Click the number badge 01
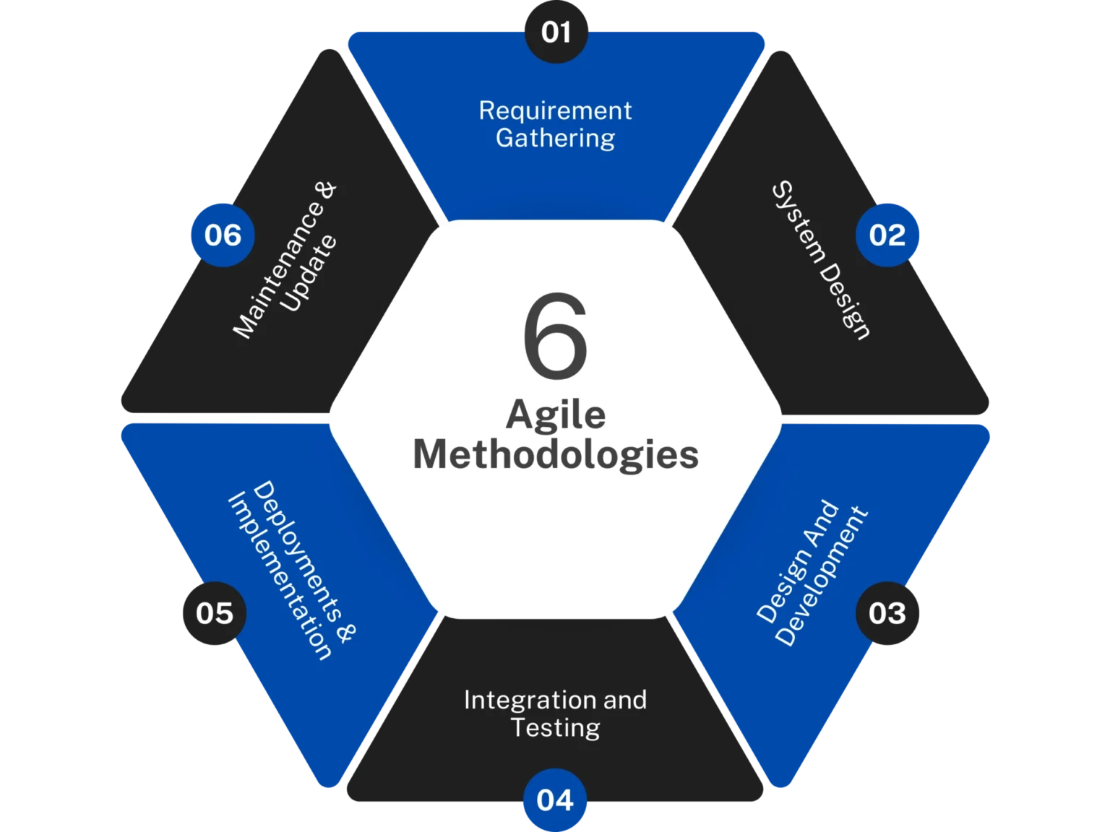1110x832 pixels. (x=556, y=32)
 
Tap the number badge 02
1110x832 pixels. (x=887, y=235)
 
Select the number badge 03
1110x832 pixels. (x=887, y=613)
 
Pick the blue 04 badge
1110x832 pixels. (x=555, y=799)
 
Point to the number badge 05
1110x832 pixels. (x=215, y=613)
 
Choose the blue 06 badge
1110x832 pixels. (x=223, y=235)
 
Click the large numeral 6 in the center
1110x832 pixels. (x=555, y=336)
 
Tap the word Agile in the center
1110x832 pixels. (x=555, y=415)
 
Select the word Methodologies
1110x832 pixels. (x=555, y=455)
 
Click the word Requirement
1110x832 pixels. (x=555, y=110)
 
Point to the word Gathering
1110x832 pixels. (x=555, y=138)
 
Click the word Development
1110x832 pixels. (x=822, y=578)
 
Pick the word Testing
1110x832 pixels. (x=555, y=727)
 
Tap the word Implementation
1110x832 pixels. (x=280, y=577)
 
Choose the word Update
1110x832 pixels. (x=309, y=273)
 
